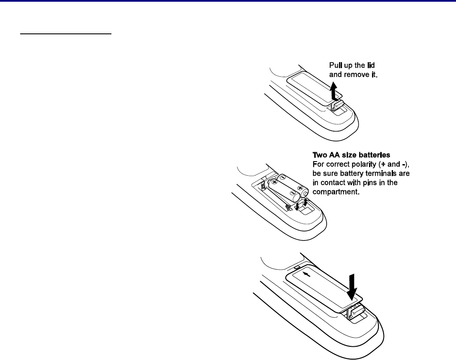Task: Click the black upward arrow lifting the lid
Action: [335, 92]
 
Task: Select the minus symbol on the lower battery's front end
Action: [292, 192]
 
